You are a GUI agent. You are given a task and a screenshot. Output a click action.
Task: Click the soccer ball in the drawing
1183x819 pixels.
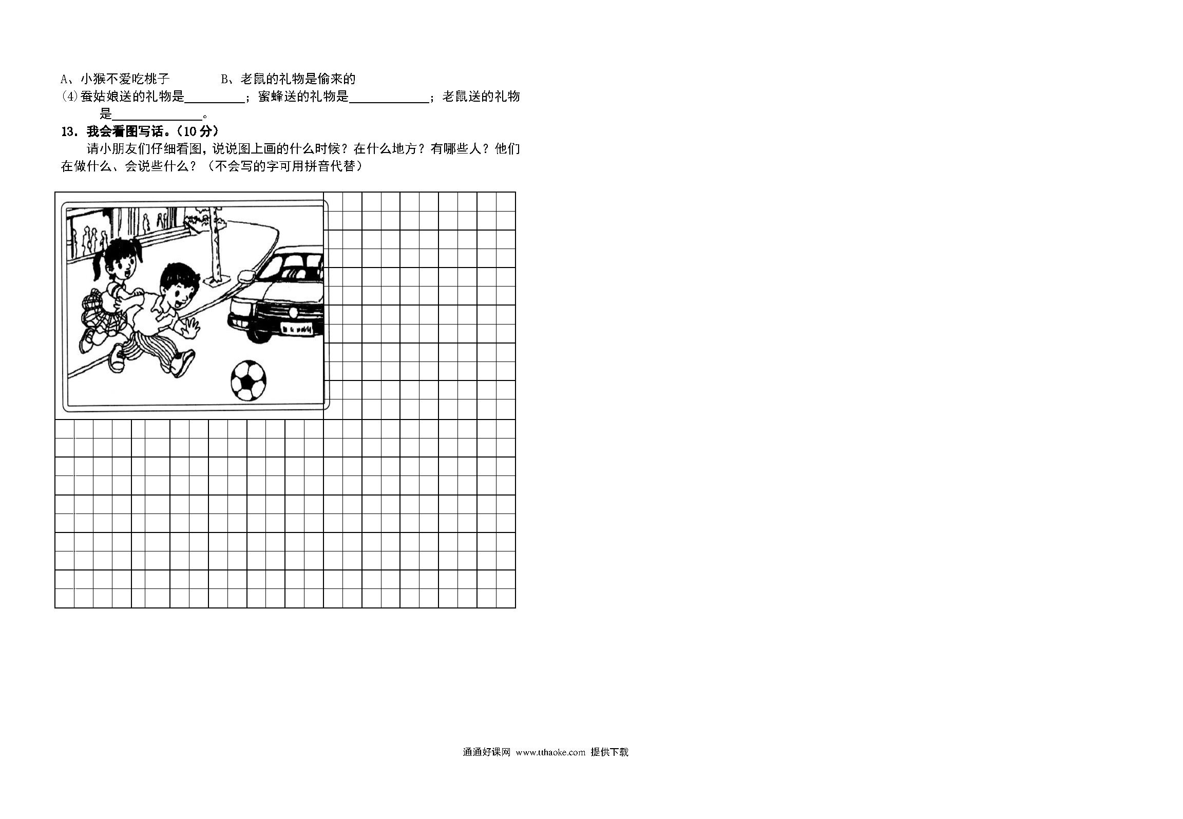coord(249,380)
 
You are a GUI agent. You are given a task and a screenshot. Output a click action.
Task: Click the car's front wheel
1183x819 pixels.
coord(260,334)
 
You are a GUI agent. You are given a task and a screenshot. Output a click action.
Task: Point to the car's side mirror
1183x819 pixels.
coord(246,275)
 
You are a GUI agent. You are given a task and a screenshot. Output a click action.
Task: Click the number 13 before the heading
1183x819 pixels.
coord(68,132)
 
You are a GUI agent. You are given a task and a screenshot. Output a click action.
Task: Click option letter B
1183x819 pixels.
coord(224,79)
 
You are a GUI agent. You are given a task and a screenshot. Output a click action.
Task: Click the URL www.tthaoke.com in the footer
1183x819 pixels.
coord(550,752)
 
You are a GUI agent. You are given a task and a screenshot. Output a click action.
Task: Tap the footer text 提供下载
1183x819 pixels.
coord(609,752)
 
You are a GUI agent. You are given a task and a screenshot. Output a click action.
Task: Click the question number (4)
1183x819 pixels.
coord(69,97)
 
